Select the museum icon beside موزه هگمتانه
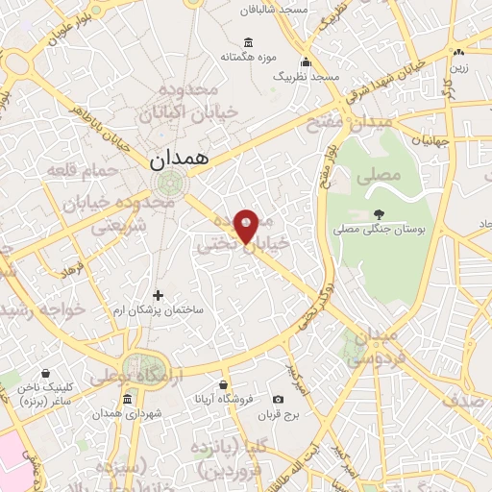point(249,41)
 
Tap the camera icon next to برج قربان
point(278,399)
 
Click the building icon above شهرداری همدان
point(128,399)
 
